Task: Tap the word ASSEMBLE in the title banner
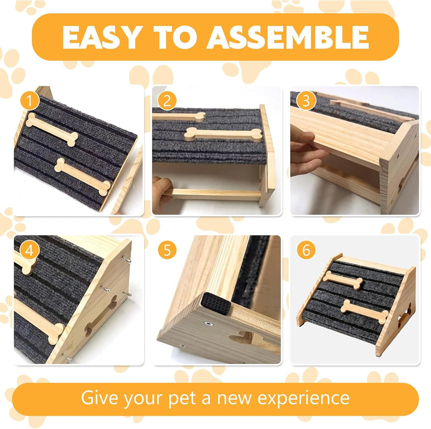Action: pyautogui.click(x=287, y=37)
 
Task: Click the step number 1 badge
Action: pyautogui.click(x=30, y=101)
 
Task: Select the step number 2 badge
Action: pyautogui.click(x=167, y=101)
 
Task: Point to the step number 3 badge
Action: pyautogui.click(x=306, y=101)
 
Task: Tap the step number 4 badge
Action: pyautogui.click(x=30, y=250)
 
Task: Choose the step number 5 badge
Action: pyautogui.click(x=167, y=250)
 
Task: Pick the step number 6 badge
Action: pyautogui.click(x=306, y=250)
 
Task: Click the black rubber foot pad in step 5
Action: pyautogui.click(x=215, y=303)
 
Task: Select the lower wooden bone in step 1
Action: pyautogui.click(x=83, y=176)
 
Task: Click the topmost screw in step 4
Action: pyautogui.click(x=126, y=259)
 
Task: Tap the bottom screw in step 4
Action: pyautogui.click(x=66, y=357)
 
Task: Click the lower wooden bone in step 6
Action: pyautogui.click(x=364, y=312)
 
